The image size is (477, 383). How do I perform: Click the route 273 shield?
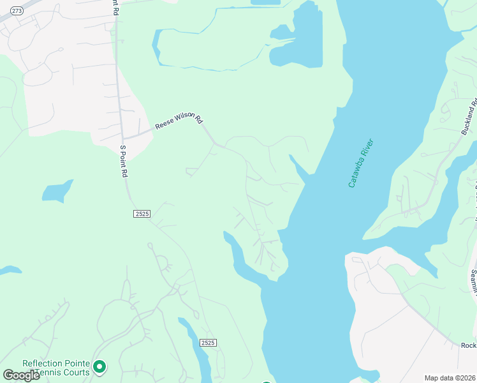click(17, 11)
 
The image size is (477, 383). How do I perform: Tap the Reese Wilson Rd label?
click(178, 123)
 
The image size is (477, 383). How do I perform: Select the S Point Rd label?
click(124, 161)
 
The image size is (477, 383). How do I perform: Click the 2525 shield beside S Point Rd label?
click(142, 213)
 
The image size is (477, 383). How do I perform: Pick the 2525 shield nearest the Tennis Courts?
click(208, 343)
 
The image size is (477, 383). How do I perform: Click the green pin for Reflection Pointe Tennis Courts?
click(99, 366)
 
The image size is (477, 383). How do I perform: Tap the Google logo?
click(21, 375)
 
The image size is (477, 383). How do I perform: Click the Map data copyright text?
click(450, 378)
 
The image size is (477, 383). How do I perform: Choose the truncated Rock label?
click(469, 345)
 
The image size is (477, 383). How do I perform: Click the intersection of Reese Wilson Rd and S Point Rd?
click(123, 138)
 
